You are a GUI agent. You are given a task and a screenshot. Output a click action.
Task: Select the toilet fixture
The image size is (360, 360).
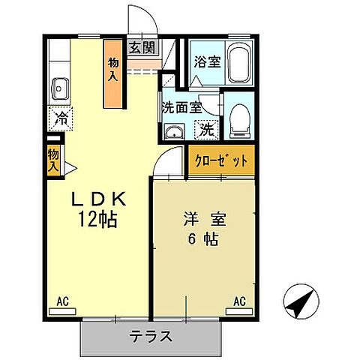coord(241,118)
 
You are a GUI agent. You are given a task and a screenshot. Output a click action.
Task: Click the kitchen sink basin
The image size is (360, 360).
coord(60,92)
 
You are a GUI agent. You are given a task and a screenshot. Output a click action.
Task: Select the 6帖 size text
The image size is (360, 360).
coord(202,240)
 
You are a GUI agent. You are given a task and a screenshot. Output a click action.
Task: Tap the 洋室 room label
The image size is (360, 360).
coord(202,221)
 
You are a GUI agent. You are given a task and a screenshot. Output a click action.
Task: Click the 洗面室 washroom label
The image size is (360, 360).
coord(181,107)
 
